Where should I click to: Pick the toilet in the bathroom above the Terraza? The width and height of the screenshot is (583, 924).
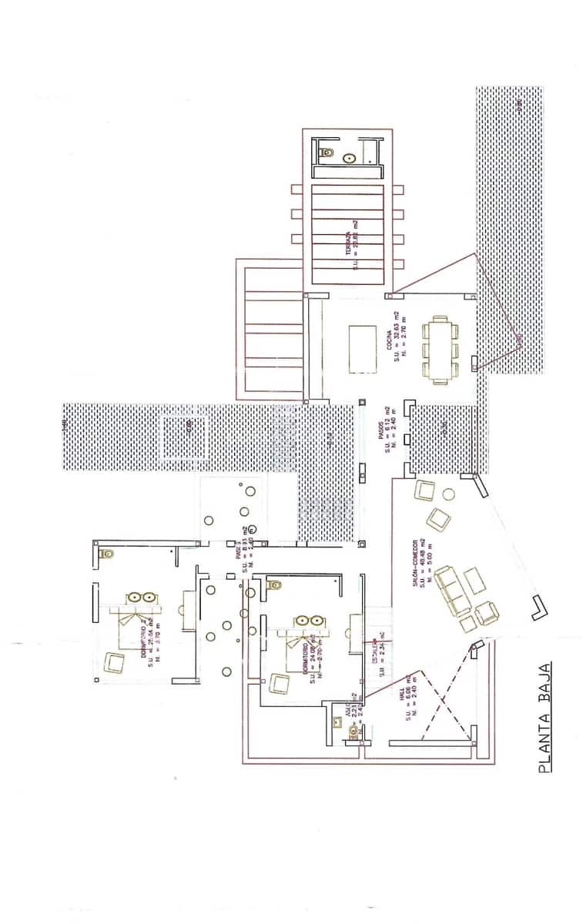coord(328,152)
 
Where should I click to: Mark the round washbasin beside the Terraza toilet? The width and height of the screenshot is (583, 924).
coord(350,159)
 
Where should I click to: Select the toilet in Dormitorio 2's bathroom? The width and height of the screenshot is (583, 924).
coord(106,554)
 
